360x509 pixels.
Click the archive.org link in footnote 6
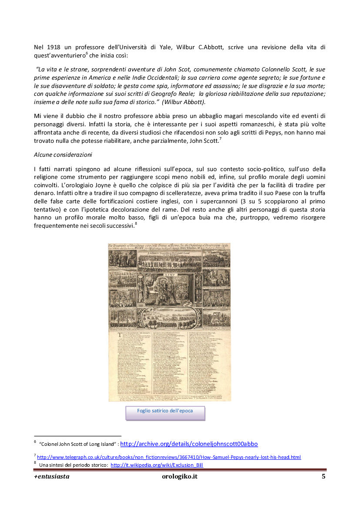[x=188, y=444]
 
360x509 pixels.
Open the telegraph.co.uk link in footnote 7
[x=169, y=457]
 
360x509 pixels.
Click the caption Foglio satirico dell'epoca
[x=165, y=411]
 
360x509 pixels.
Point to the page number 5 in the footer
[x=323, y=476]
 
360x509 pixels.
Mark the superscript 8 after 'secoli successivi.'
[x=136, y=223]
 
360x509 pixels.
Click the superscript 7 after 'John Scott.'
[x=221, y=138]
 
